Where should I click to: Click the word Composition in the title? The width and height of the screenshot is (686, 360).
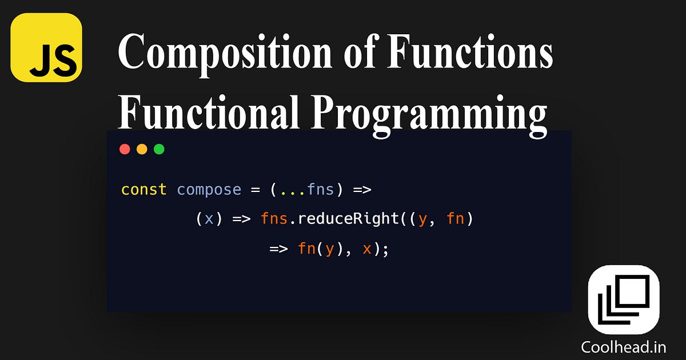tap(224, 53)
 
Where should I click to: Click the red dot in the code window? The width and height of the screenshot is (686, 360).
tap(125, 149)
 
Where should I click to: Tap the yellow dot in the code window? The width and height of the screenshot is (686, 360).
tap(142, 149)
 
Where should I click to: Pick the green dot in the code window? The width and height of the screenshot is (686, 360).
tap(159, 149)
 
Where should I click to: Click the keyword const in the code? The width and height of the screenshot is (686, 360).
tap(143, 189)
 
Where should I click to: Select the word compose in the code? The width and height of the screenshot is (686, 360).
tap(209, 189)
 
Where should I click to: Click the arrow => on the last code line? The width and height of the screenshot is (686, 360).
tap(278, 249)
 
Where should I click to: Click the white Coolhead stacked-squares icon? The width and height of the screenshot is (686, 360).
tap(624, 299)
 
